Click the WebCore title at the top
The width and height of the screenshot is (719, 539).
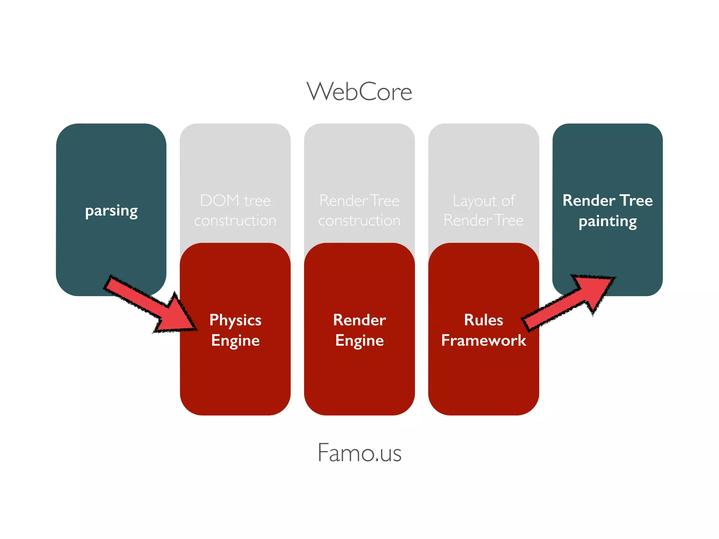coord(359,92)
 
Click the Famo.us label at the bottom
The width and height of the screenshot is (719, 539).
coord(359,453)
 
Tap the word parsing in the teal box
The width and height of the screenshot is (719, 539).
coord(111,211)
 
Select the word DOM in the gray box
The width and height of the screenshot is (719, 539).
coord(219,200)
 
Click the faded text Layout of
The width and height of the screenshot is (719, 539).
coord(483,201)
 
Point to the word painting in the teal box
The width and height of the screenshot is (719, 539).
coord(607,221)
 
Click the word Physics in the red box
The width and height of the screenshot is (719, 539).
coord(235,320)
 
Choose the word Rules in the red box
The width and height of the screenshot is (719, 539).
coord(483,320)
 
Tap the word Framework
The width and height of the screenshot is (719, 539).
coord(483,340)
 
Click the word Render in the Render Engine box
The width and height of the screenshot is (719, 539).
coord(359,320)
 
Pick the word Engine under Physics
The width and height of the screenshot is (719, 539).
coord(235,341)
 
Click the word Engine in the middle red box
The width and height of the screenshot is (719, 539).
coord(359,341)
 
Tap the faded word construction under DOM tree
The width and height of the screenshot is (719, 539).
coord(235,221)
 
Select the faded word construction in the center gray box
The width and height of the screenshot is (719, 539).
coord(359,221)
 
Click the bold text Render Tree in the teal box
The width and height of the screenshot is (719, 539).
coord(607,200)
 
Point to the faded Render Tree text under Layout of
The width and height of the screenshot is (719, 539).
coord(483,221)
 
